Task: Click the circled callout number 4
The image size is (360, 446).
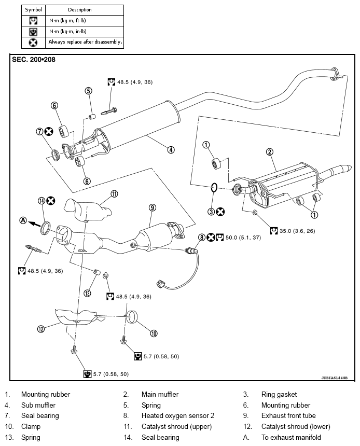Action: (x=171, y=150)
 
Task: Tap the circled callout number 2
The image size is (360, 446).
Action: (x=269, y=152)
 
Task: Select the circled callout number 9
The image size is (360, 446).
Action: (x=152, y=207)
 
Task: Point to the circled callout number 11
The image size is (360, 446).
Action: (x=114, y=194)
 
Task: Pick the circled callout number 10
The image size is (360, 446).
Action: (x=154, y=333)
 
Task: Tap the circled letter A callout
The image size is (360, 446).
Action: (x=23, y=220)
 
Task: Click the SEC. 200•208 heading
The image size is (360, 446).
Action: (x=34, y=60)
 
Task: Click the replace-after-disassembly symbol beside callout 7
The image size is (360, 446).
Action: (x=49, y=132)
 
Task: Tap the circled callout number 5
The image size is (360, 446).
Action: (x=88, y=90)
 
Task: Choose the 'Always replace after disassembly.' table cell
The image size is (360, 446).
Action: (x=85, y=42)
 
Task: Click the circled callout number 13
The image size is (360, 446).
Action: (x=88, y=293)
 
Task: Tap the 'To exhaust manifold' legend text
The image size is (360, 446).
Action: (x=291, y=437)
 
